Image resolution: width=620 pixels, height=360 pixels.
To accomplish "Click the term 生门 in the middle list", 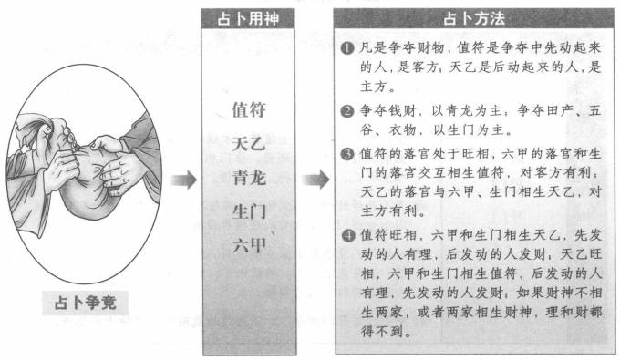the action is coord(250,211).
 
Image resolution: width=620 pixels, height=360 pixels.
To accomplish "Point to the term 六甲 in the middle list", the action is coord(250,243).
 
